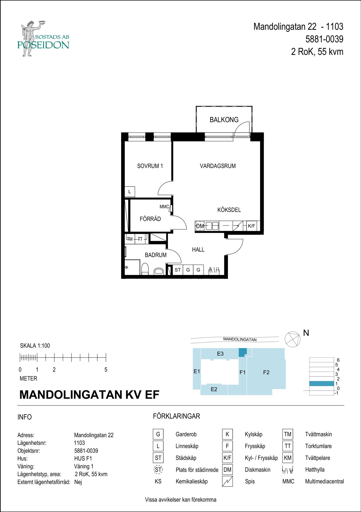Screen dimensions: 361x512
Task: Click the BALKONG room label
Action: coord(224,120)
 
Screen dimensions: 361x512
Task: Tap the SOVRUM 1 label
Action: coord(150,166)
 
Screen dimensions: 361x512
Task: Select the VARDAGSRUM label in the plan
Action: coord(218,166)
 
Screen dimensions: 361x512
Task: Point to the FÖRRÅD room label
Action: coord(150,219)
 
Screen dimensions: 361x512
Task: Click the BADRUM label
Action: coord(156,255)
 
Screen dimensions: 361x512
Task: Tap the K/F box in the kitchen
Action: coord(252,226)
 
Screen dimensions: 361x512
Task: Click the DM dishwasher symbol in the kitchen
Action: coord(200,226)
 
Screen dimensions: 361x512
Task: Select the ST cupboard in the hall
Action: coord(178,270)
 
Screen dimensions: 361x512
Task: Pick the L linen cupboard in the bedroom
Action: coord(130,192)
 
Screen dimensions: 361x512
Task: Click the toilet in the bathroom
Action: coord(145,269)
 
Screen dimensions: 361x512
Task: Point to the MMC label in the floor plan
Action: coord(164,207)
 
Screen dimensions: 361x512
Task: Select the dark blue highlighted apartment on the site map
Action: coord(242,352)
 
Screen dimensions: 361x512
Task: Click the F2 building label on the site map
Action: coord(266,372)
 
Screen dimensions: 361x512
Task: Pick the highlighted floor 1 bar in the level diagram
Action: coord(321,383)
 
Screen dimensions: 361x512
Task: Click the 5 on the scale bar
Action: coord(106,370)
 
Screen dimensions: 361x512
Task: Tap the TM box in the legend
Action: coord(288,434)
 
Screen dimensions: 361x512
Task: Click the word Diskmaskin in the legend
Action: coord(258,470)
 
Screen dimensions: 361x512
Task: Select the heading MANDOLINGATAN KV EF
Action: coord(89,395)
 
